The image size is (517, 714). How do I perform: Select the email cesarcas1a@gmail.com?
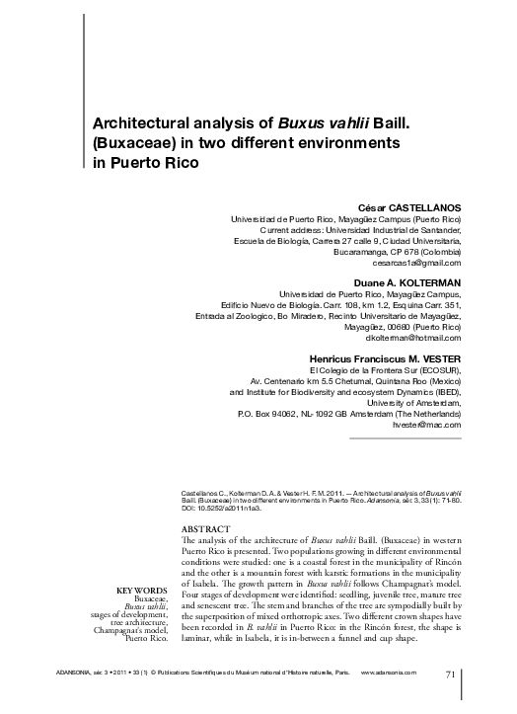(x=417, y=264)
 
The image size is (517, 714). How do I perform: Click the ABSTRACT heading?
(x=209, y=528)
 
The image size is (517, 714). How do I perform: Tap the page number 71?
(x=451, y=674)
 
